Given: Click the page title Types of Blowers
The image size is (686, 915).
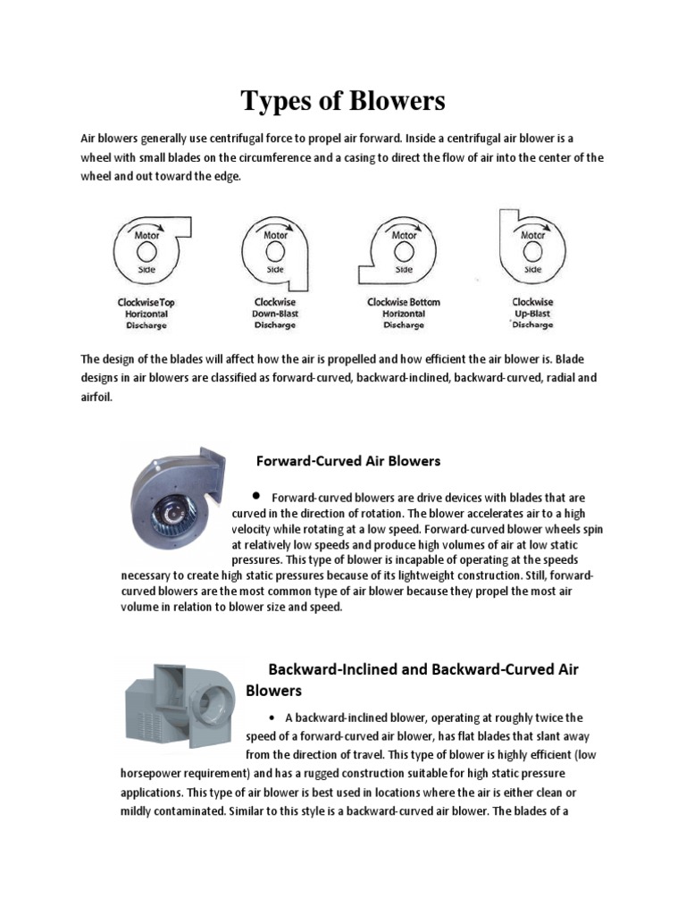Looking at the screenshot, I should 342,102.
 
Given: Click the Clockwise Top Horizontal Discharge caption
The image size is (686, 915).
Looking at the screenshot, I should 146,314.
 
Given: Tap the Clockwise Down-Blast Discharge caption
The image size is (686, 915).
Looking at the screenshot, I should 274,314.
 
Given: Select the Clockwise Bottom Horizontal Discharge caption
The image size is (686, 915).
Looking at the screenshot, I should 404,314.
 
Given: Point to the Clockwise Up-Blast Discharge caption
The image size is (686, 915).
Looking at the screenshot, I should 532,314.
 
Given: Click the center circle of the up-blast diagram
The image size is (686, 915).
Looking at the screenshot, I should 533,251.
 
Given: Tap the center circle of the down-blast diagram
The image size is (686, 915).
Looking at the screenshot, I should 275,251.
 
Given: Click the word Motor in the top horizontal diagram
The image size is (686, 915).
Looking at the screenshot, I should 147,236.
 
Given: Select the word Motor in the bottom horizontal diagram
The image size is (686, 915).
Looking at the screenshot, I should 405,236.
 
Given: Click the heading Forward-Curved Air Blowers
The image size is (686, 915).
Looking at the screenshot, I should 348,462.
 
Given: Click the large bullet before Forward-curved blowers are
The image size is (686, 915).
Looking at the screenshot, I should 256,495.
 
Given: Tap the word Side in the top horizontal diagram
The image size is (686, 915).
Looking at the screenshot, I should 147,268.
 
